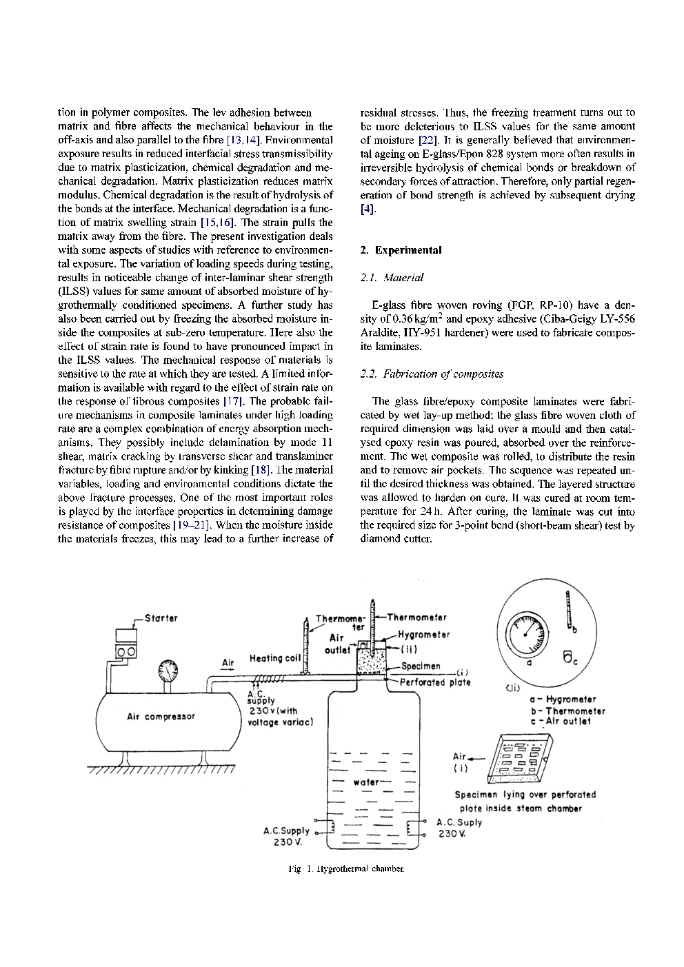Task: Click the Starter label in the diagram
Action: [x=161, y=618]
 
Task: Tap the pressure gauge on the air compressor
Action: [x=168, y=669]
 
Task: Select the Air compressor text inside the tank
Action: [x=161, y=716]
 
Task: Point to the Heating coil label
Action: [x=275, y=658]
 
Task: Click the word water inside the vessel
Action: [x=365, y=782]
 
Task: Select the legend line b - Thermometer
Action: [x=567, y=711]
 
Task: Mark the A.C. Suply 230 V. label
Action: [x=459, y=828]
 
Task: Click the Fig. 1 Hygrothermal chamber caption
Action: [x=345, y=869]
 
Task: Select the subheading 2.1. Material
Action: [x=392, y=278]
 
